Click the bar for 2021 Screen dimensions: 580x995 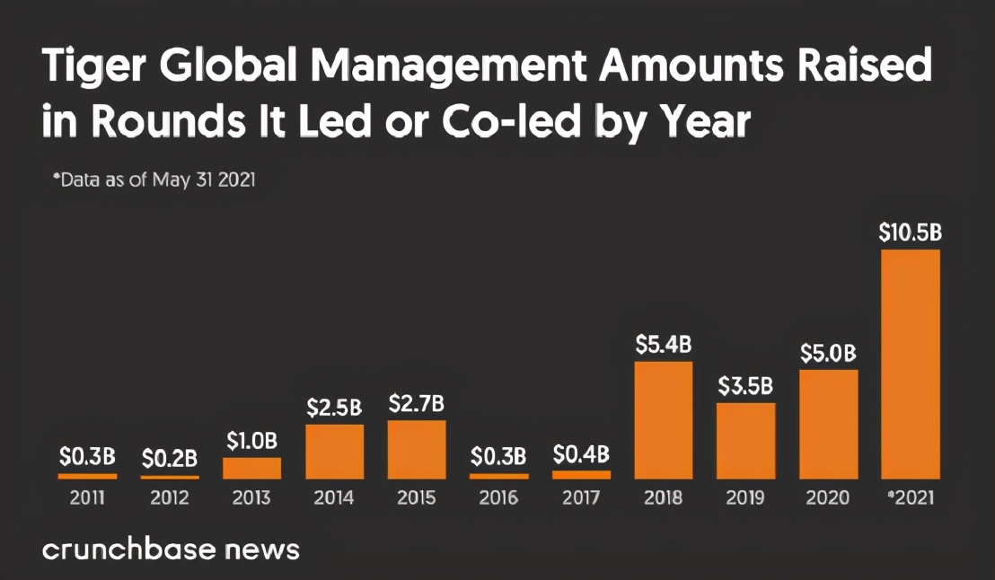coord(910,364)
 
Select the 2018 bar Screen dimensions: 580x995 coord(664,419)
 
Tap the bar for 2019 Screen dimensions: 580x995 coord(745,440)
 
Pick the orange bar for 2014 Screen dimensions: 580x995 coord(334,452)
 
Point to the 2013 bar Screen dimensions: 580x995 coord(251,468)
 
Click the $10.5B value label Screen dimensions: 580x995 coord(910,233)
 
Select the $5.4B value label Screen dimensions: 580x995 coord(664,344)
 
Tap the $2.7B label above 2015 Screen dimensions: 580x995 coord(417,404)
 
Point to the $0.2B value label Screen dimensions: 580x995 coord(169,458)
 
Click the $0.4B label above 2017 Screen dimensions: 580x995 coord(581,453)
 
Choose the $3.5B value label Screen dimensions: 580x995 coord(745,386)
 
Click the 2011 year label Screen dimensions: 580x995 coord(87,497)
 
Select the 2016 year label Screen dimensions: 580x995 coord(498,497)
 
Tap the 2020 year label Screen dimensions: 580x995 coord(828,497)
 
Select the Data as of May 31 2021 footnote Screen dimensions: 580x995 coord(154,180)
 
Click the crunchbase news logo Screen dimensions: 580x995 coord(171,549)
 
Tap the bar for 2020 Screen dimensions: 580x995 coord(828,424)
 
